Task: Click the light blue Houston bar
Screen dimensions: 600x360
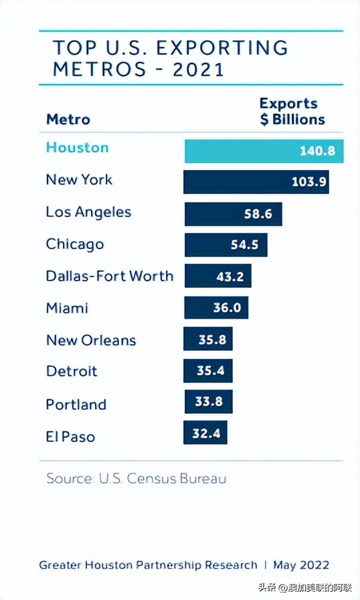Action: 264,151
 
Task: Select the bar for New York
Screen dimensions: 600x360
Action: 256,181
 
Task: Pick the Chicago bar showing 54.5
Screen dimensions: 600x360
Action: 226,245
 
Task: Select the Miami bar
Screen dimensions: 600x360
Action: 216,308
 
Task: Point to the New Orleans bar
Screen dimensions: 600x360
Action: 208,340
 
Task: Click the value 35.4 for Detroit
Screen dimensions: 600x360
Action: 210,370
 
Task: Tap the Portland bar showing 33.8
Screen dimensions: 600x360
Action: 208,402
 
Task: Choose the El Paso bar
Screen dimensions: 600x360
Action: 205,433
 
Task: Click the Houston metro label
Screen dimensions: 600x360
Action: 77,148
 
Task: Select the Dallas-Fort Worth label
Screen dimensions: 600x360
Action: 109,276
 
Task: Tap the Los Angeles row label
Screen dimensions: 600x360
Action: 88,212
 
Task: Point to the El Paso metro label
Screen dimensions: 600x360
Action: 70,437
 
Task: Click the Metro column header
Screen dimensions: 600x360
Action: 68,120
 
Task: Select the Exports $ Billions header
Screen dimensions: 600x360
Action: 292,112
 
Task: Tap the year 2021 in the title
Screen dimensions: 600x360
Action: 199,69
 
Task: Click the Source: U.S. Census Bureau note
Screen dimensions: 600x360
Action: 136,479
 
